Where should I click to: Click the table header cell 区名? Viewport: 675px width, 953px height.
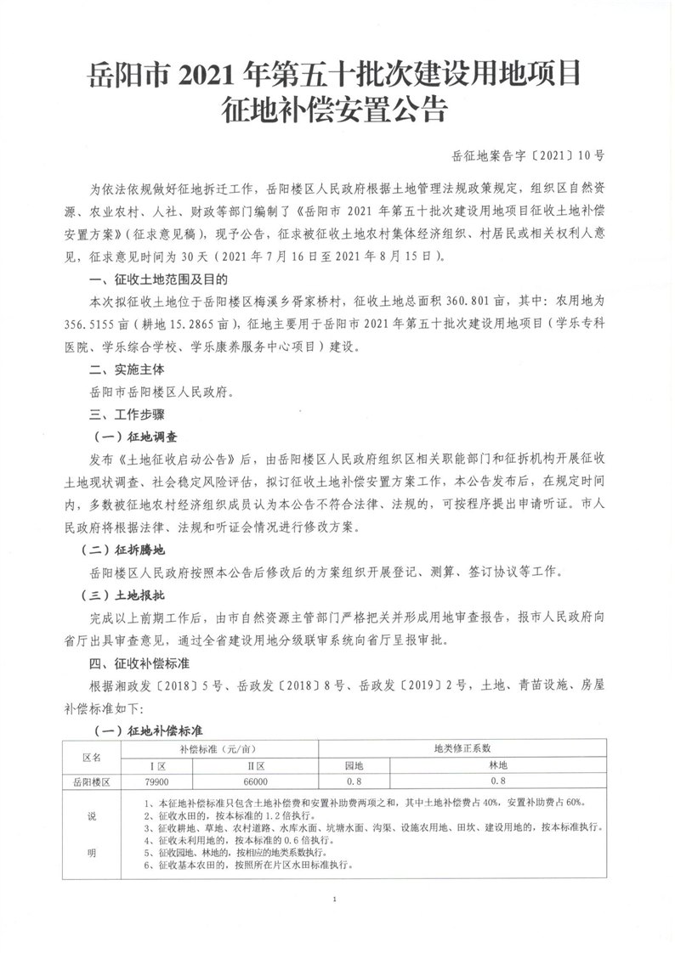[91, 755]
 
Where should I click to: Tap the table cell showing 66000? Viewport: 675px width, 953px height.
[255, 781]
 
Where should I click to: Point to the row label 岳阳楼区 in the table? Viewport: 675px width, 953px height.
[91, 781]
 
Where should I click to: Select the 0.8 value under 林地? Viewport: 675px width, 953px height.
[498, 781]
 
